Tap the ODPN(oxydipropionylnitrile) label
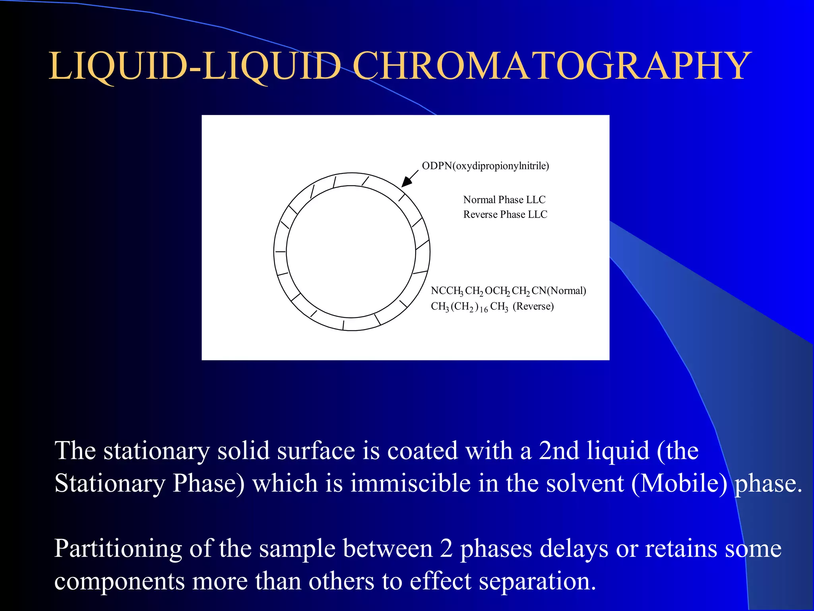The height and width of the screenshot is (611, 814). (x=485, y=166)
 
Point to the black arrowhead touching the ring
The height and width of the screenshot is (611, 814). (x=406, y=182)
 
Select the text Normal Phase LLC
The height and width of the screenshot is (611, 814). (x=504, y=200)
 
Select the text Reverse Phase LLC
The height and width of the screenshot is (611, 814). (x=505, y=214)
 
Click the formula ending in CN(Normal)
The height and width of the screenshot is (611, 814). (x=508, y=291)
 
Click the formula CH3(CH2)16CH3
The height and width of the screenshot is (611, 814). (x=469, y=307)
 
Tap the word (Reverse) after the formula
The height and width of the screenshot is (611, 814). (x=533, y=306)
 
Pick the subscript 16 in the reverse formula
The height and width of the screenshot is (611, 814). (x=484, y=309)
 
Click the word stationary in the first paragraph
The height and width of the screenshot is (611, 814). (x=156, y=451)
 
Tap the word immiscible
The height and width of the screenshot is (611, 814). (x=411, y=484)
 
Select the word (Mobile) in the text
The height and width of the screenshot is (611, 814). (x=679, y=484)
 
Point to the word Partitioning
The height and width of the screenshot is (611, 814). (x=118, y=549)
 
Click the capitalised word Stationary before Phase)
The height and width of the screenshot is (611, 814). (x=110, y=484)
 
